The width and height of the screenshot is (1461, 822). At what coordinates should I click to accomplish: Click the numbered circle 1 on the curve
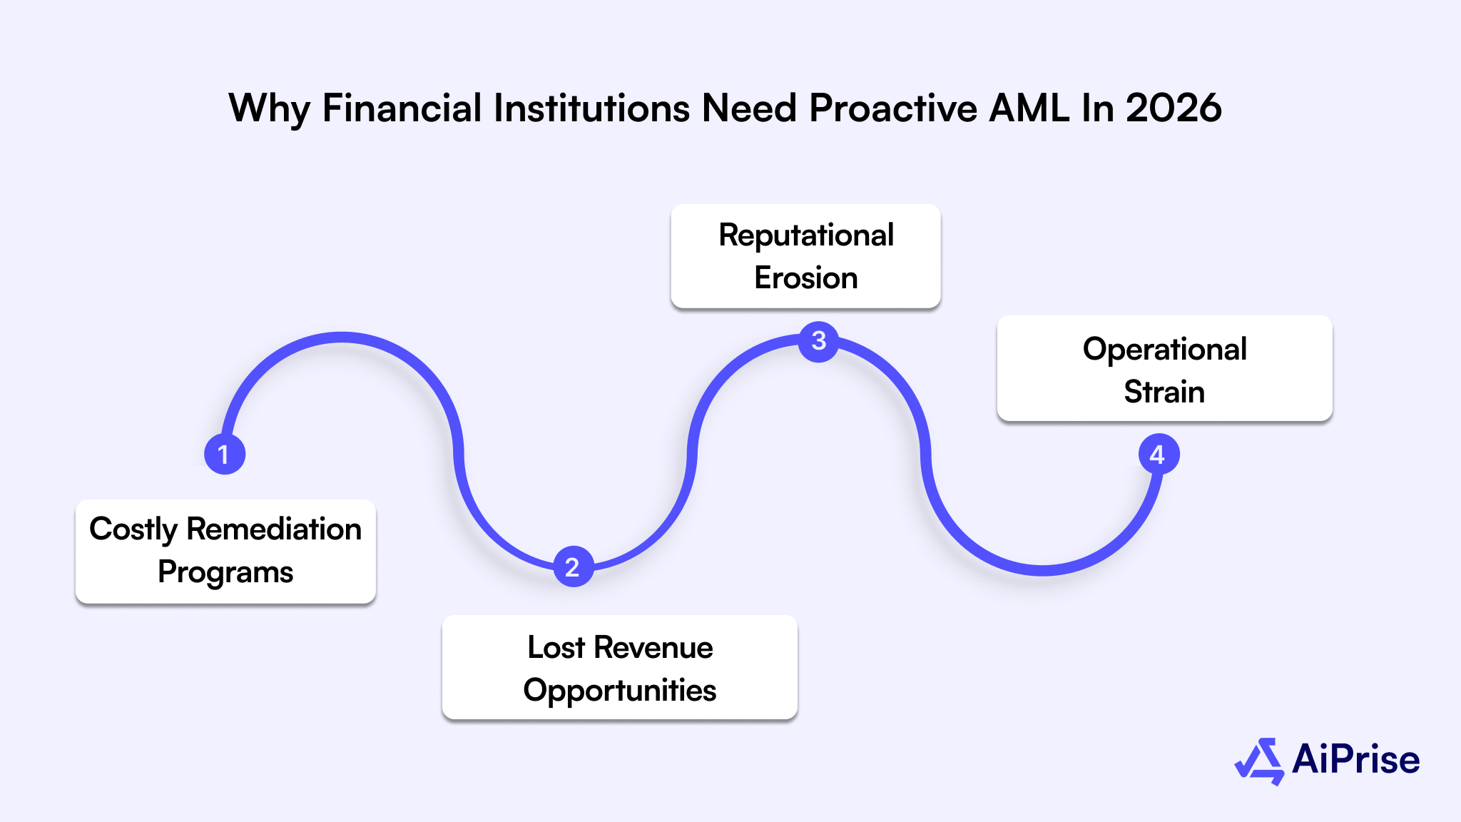pyautogui.click(x=225, y=454)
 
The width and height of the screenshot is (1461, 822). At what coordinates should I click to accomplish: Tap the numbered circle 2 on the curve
pyautogui.click(x=573, y=567)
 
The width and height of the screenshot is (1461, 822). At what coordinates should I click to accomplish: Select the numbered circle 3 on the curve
pyautogui.click(x=818, y=341)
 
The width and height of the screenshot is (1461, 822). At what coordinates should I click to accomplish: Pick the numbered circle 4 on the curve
pyautogui.click(x=1158, y=455)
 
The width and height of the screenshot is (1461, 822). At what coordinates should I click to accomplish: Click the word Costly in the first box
pyautogui.click(x=133, y=530)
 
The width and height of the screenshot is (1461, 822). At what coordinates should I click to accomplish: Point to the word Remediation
pyautogui.click(x=274, y=529)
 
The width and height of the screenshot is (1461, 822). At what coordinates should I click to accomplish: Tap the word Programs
pyautogui.click(x=225, y=572)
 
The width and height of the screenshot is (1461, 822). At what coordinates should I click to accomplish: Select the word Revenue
pyautogui.click(x=653, y=648)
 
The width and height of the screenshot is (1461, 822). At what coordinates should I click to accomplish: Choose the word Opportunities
pyautogui.click(x=619, y=691)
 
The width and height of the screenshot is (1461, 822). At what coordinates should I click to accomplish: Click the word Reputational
pyautogui.click(x=806, y=235)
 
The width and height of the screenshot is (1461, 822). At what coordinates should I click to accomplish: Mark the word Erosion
pyautogui.click(x=806, y=278)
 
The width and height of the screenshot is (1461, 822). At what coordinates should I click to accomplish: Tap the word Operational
pyautogui.click(x=1164, y=350)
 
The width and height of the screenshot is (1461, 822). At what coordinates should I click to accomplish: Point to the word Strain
pyautogui.click(x=1164, y=392)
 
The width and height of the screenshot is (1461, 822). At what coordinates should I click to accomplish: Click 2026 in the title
pyautogui.click(x=1174, y=108)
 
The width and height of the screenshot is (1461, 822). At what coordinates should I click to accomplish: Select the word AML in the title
pyautogui.click(x=1029, y=108)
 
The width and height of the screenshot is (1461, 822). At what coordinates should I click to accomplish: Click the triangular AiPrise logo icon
pyautogui.click(x=1260, y=761)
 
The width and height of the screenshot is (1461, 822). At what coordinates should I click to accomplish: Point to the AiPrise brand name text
pyautogui.click(x=1355, y=759)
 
